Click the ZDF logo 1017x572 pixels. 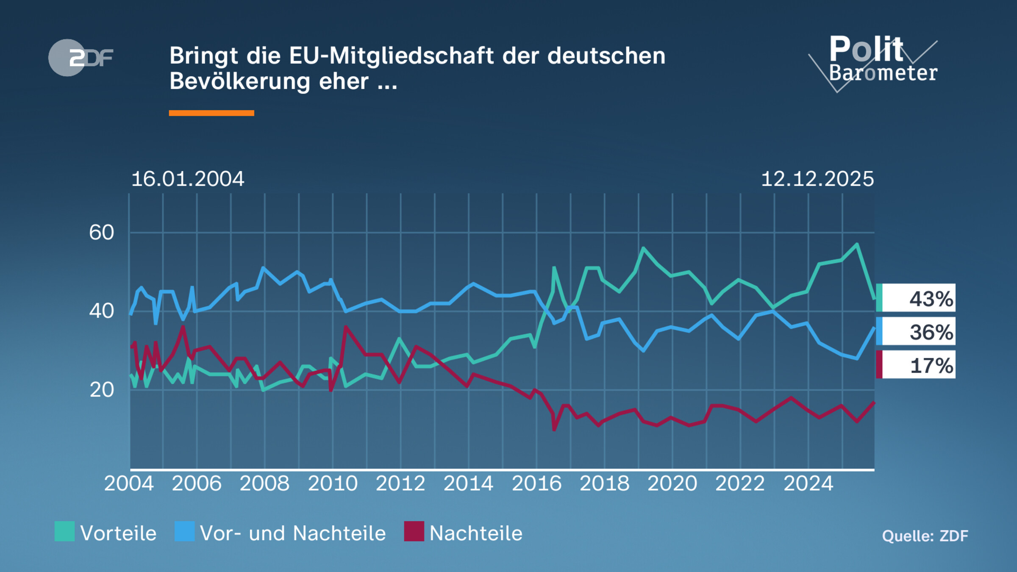[81, 58]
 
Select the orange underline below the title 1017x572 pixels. [211, 113]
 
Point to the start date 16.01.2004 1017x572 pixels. [188, 179]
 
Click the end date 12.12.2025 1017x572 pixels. [817, 179]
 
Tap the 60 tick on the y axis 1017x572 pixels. [102, 233]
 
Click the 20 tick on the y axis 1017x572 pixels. [102, 390]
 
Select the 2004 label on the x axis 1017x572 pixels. [129, 483]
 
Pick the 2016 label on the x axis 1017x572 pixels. [536, 483]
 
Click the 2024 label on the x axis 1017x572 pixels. [808, 483]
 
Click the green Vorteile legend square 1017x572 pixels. [64, 531]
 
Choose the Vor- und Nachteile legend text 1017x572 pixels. [292, 533]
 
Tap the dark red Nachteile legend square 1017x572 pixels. [414, 531]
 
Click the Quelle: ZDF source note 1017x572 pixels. [925, 536]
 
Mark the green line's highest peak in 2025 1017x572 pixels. [857, 244]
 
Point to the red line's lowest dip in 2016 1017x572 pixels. [554, 430]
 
